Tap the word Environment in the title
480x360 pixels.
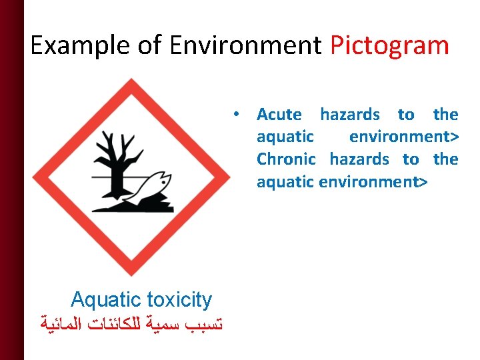click(246, 46)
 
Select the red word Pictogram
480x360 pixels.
click(390, 46)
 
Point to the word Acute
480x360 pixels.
click(279, 115)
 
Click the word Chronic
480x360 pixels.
click(286, 159)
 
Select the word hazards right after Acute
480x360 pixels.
click(350, 115)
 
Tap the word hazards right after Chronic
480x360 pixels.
click(359, 159)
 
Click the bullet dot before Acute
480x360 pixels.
click(237, 114)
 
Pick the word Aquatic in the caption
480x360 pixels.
click(105, 299)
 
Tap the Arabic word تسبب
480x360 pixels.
click(201, 326)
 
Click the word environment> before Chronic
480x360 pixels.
click(403, 137)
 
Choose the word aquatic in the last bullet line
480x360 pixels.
click(285, 181)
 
